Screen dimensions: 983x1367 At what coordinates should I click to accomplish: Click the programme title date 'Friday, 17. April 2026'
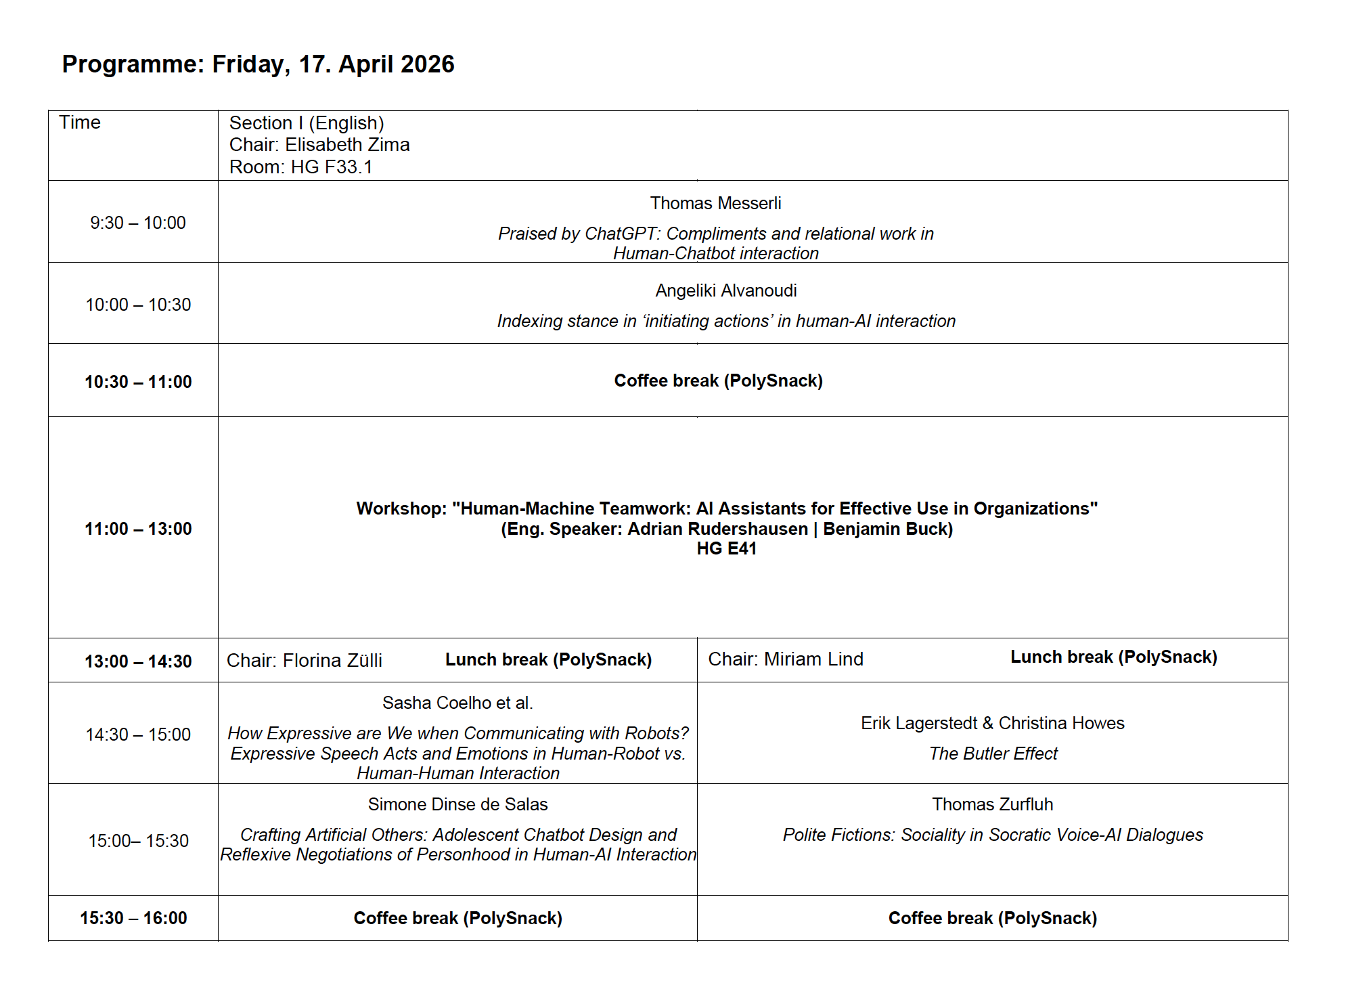pos(333,64)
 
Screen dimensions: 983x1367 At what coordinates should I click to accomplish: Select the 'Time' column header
pos(80,123)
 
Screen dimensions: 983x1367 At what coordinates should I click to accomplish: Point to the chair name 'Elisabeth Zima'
pos(347,145)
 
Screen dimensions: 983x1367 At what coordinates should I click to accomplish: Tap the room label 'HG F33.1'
pos(332,167)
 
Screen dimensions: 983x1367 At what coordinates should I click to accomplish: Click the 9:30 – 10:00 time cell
pos(138,223)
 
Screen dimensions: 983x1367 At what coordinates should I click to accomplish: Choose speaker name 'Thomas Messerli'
pos(715,203)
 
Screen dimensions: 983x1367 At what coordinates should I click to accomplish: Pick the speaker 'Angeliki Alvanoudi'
pos(725,290)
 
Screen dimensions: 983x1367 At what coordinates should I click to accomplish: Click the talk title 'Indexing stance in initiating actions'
pos(726,321)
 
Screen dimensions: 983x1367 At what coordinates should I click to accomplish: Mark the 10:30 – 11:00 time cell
pos(138,382)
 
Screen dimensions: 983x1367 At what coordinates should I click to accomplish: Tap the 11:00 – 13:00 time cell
pos(138,529)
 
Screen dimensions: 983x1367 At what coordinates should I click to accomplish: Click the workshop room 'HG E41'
pos(726,549)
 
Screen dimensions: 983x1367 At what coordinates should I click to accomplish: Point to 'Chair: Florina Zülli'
pos(305,661)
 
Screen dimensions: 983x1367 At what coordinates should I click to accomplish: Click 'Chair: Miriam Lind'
pos(786,659)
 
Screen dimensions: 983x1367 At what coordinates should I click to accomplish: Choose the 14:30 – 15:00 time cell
pos(138,735)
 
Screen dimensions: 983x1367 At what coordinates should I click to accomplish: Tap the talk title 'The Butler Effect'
pos(993,753)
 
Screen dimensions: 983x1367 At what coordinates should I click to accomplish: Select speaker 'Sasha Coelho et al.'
pos(457,703)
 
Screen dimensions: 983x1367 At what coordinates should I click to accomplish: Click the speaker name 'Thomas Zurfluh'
pos(992,804)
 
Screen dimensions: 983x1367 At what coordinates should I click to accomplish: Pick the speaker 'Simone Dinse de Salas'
pos(457,804)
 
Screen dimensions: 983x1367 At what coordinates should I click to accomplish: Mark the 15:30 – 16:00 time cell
pos(133,918)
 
